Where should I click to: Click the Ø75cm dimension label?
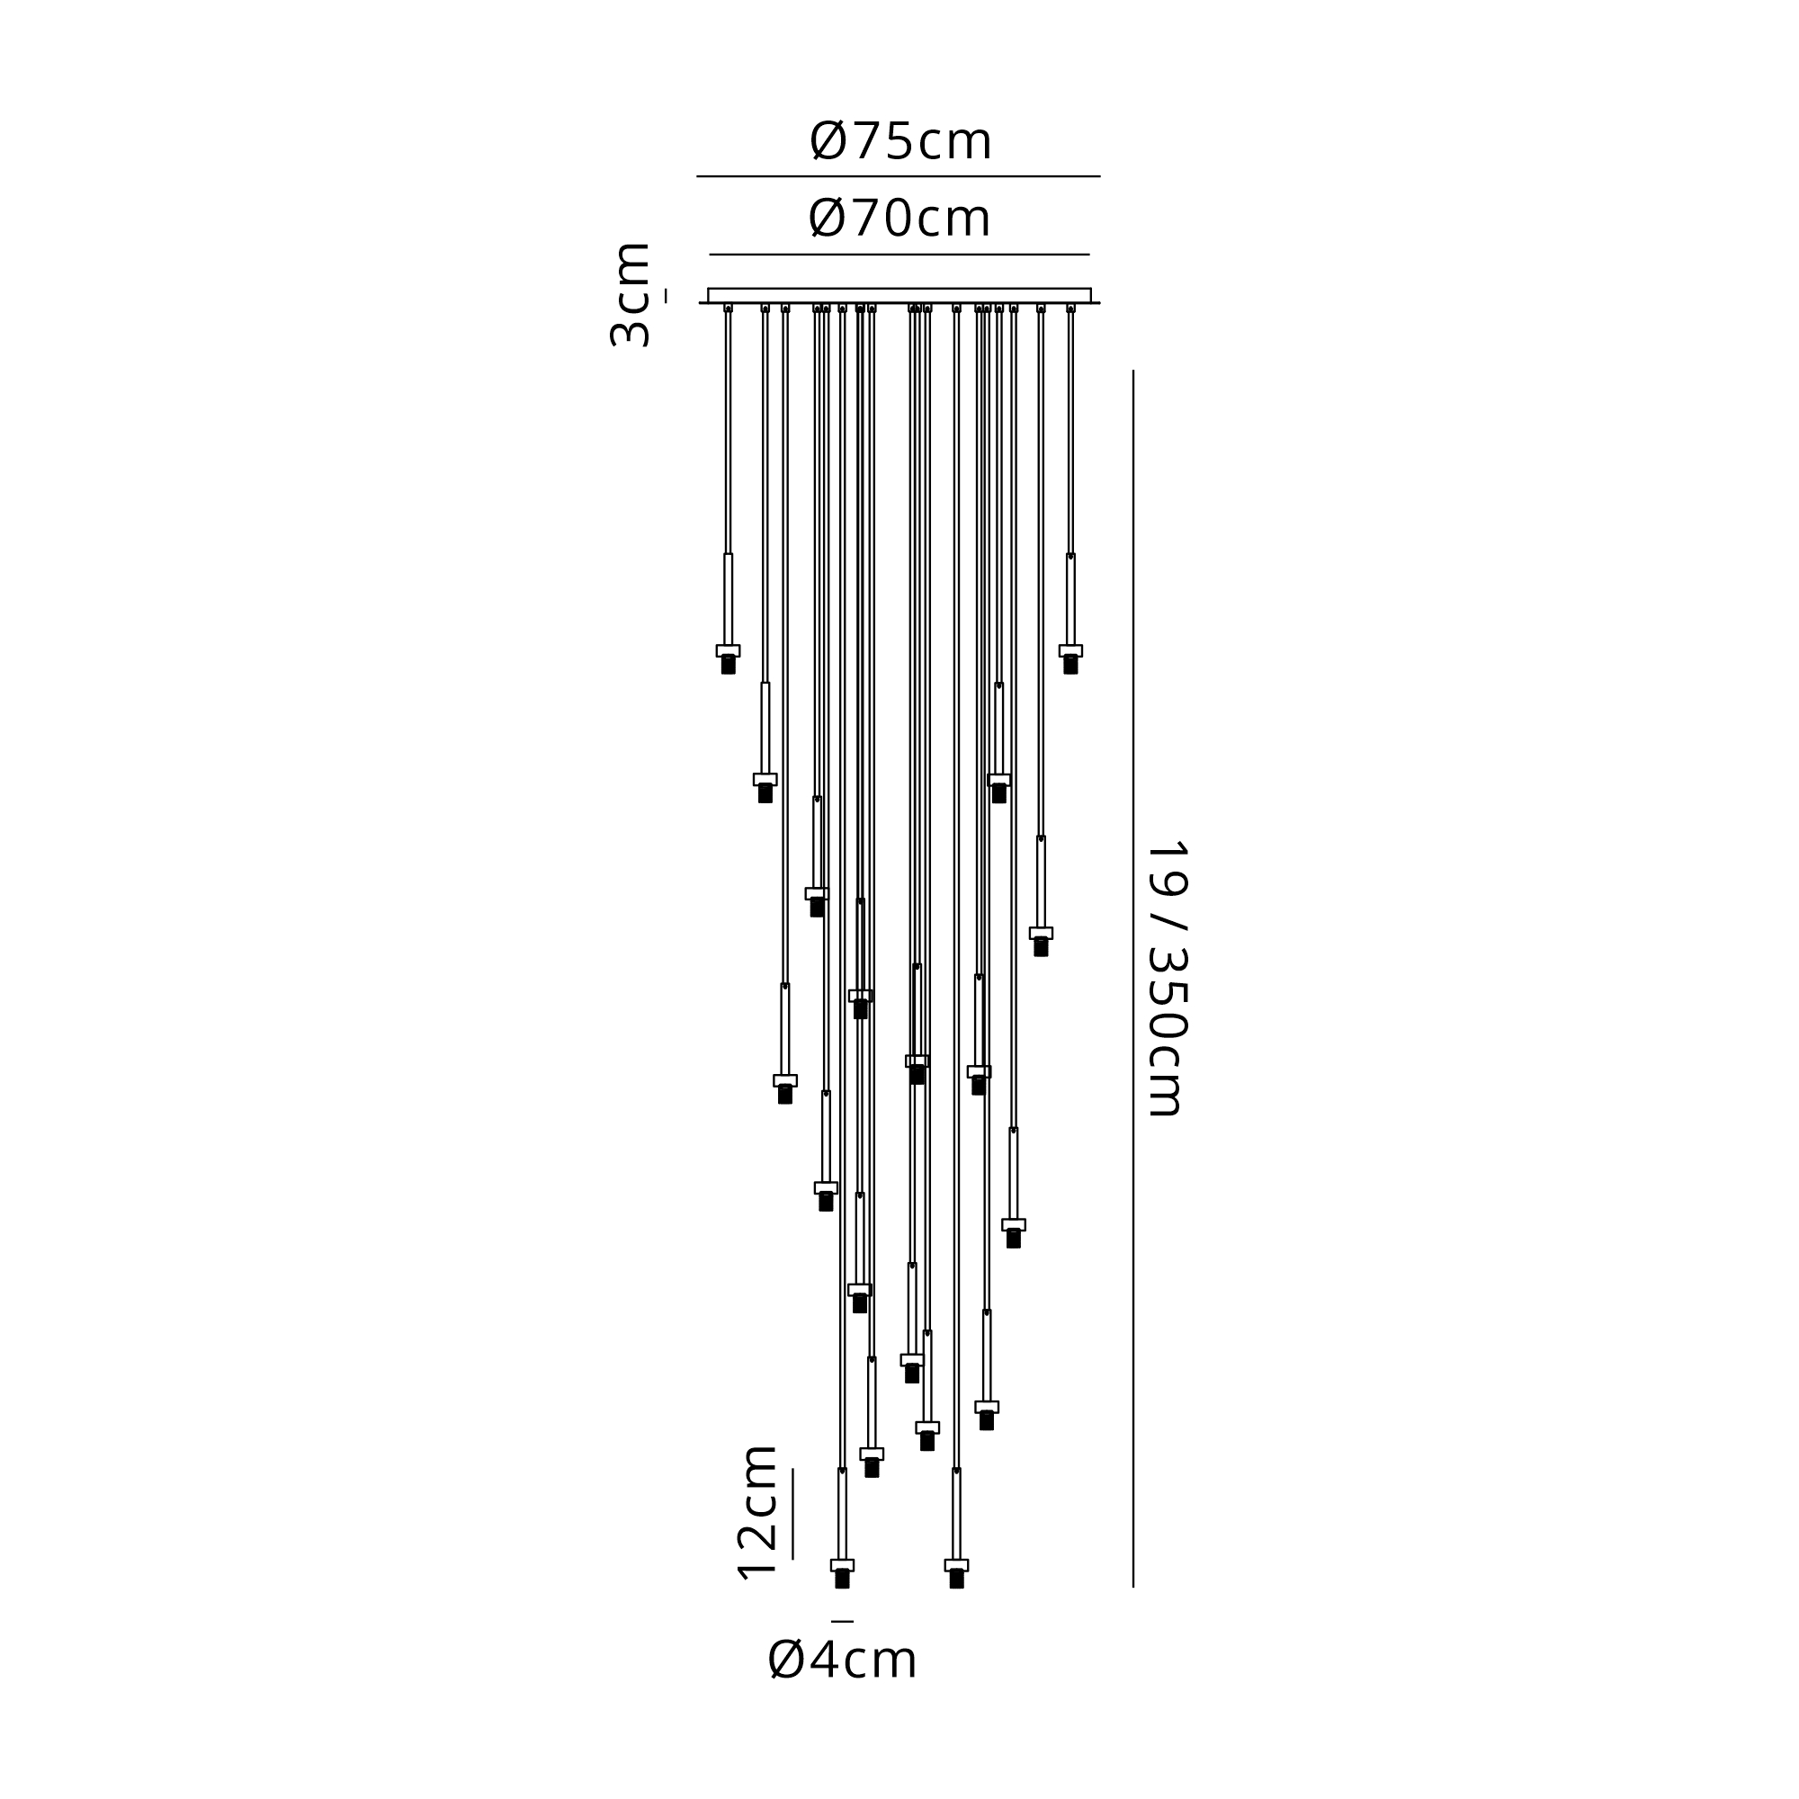(x=900, y=141)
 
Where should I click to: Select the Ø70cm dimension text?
(x=899, y=219)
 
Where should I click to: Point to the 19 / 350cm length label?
(x=1166, y=979)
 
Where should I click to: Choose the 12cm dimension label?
(x=756, y=1513)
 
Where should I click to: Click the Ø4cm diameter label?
(x=843, y=1687)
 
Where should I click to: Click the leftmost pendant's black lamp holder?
(x=729, y=664)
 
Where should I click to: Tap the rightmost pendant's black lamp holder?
(x=1070, y=664)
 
